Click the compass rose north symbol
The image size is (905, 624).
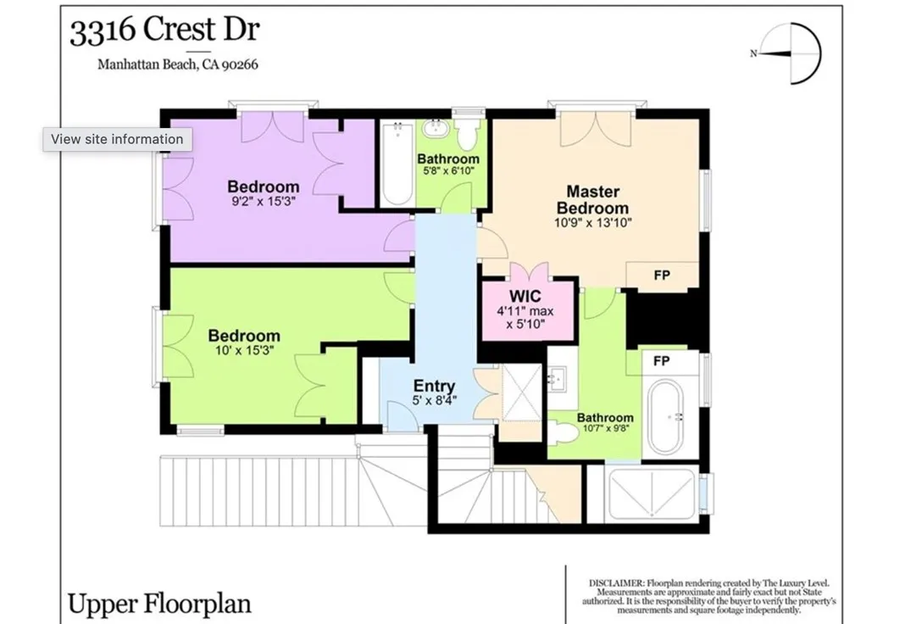(x=789, y=53)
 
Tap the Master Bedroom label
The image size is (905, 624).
(x=593, y=200)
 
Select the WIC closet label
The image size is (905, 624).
(x=525, y=296)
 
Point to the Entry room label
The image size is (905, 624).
(x=434, y=386)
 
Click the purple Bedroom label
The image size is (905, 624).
(x=264, y=187)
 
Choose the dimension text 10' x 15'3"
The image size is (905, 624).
(x=244, y=350)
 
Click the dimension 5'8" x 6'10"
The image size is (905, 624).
(x=448, y=171)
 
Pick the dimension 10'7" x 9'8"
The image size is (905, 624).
(x=605, y=428)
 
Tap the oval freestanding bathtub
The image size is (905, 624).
(x=666, y=415)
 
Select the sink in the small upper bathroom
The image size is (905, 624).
(x=435, y=128)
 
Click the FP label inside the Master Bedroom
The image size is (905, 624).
(x=662, y=276)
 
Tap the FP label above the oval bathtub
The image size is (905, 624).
(x=662, y=361)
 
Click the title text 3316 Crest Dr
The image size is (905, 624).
(x=164, y=30)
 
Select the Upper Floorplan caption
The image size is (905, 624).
(x=159, y=604)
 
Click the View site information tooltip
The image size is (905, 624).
(x=117, y=139)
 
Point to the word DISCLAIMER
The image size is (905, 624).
(x=616, y=583)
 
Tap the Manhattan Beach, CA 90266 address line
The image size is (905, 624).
(x=178, y=64)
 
